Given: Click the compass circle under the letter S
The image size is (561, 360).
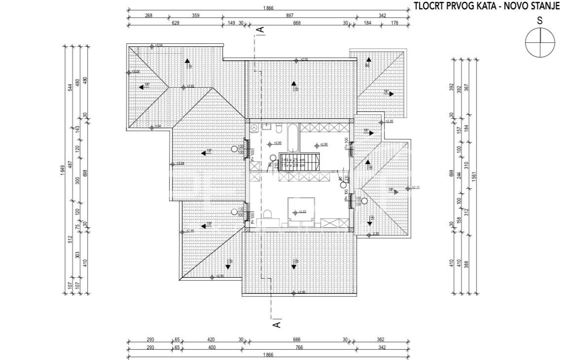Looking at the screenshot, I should [x=540, y=41].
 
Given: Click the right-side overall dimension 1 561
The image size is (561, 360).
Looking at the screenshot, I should [x=474, y=174].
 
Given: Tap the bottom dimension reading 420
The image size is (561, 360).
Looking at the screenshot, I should [x=211, y=339].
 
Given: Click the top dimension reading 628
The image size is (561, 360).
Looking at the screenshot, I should [x=175, y=23].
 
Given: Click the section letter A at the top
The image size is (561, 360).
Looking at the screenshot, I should [x=261, y=30].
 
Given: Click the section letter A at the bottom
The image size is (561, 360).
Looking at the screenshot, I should [x=277, y=324].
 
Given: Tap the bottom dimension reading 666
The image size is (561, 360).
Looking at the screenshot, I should [x=296, y=339].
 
